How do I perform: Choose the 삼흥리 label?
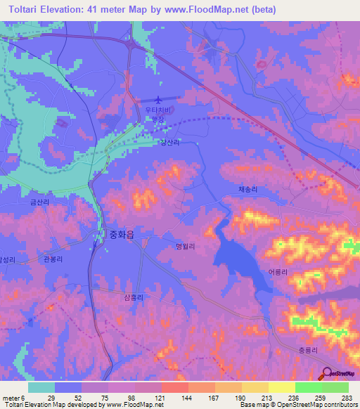click(x=134, y=297)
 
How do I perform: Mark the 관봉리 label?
click(x=53, y=259)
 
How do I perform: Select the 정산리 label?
click(x=169, y=142)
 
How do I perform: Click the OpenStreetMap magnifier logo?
click(x=327, y=373)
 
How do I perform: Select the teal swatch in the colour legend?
click(x=41, y=387)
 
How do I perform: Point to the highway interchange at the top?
click(x=131, y=44)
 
